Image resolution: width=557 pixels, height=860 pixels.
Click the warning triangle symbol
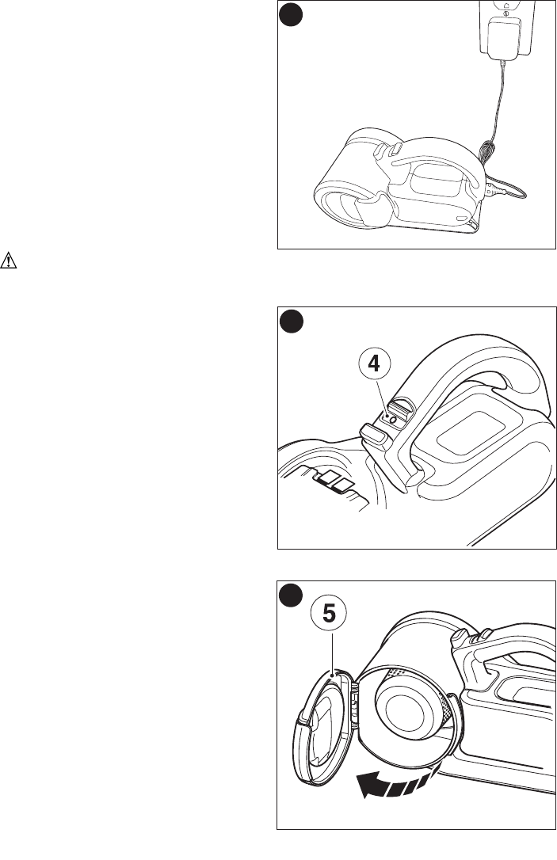coord(8,261)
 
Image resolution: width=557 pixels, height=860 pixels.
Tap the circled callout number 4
coord(374,363)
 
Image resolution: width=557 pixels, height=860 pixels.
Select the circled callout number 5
coord(329,614)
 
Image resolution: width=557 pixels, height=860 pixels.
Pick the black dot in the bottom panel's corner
coord(290,596)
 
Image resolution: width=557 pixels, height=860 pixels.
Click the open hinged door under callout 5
coord(326,724)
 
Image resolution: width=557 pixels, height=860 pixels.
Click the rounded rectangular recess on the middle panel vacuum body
coord(467,433)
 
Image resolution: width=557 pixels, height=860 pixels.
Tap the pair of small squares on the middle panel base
coord(334,481)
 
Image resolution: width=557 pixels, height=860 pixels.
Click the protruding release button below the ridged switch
coord(376,437)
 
